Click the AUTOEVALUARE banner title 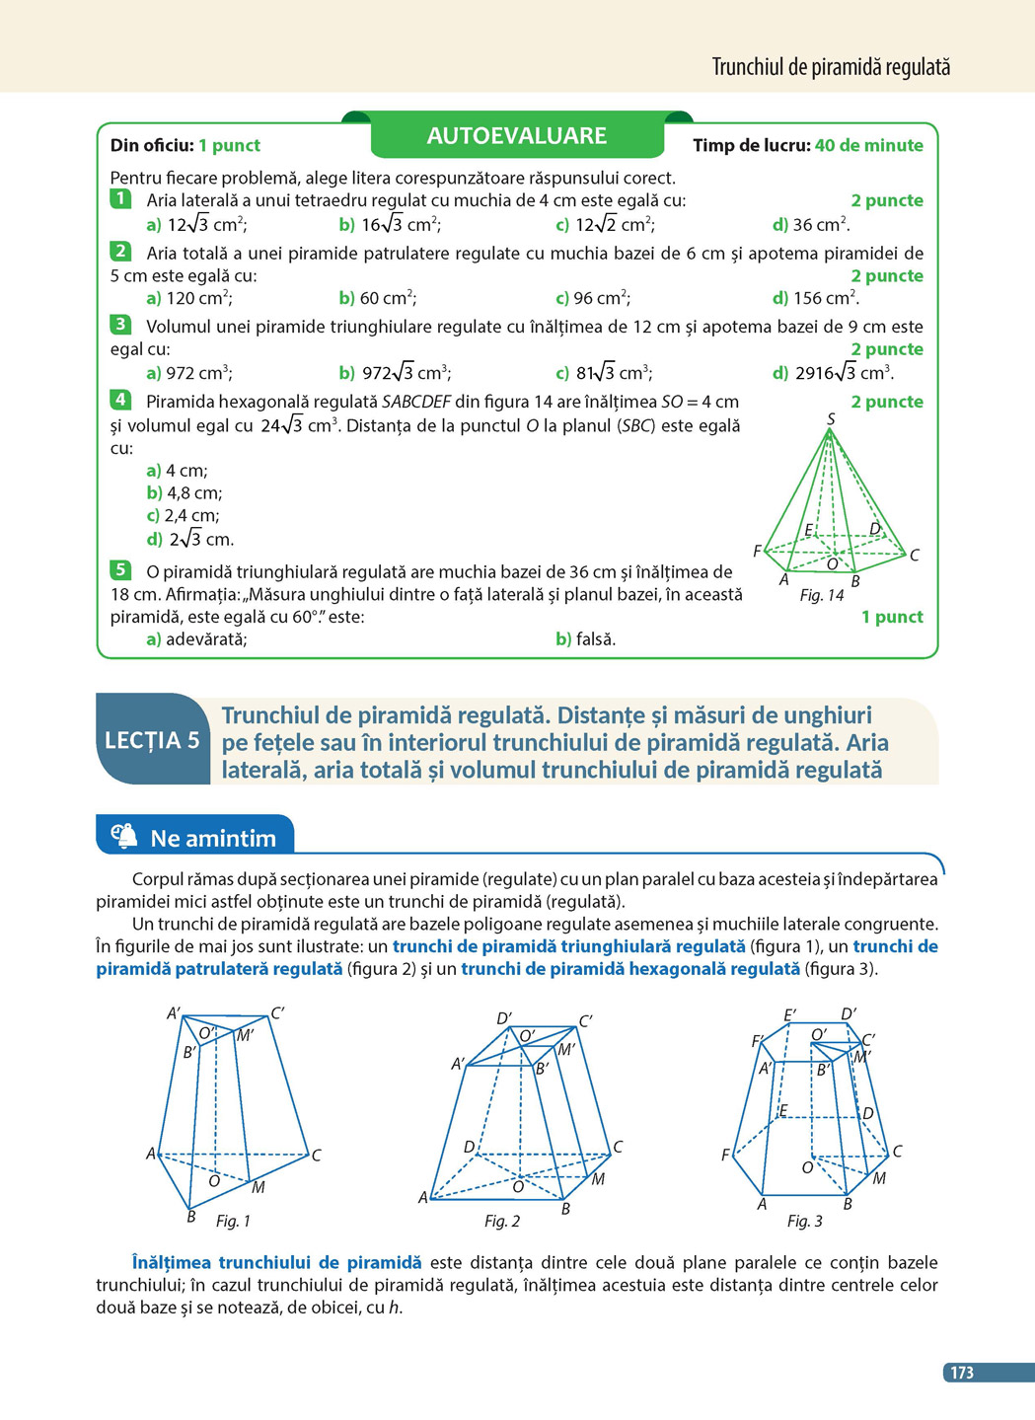click(516, 136)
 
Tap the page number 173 click(961, 1373)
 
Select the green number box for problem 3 click(120, 325)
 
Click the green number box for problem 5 click(120, 569)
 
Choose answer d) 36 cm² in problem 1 click(810, 225)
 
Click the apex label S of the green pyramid click(831, 419)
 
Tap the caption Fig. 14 click(821, 595)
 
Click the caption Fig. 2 click(501, 1222)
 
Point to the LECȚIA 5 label click(152, 740)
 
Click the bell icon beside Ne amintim click(124, 837)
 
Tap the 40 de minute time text click(868, 146)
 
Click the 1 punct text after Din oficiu click(229, 146)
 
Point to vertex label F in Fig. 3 click(725, 1155)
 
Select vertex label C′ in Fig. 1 click(277, 1012)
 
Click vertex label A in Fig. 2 click(423, 1198)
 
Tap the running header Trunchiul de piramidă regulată click(831, 67)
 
